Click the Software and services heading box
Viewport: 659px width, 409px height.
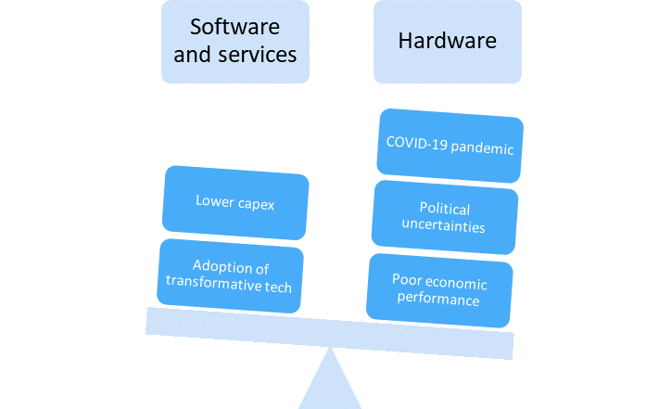[234, 41]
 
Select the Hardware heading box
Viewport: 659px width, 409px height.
[447, 41]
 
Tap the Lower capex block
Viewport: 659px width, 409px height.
[234, 201]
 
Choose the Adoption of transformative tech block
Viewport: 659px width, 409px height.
[231, 275]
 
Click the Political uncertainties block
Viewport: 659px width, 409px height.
[444, 218]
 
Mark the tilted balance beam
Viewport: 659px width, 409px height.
[329, 329]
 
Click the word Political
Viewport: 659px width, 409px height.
[445, 210]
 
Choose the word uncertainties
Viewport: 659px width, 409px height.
[445, 226]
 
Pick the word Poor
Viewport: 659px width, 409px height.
[407, 279]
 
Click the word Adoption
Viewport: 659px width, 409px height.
[222, 268]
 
